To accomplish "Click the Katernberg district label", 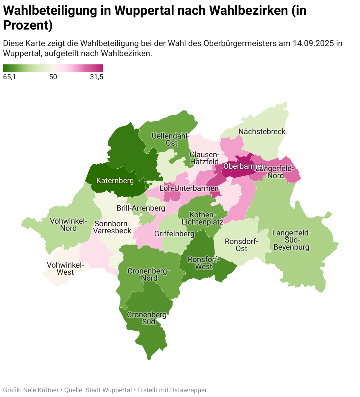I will [x=115, y=180].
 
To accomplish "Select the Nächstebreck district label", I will [x=262, y=131].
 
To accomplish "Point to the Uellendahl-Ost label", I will [x=170, y=139].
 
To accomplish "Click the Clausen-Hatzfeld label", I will [x=204, y=158].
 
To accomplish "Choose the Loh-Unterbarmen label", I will [x=189, y=188].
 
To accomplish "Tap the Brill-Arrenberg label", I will [x=141, y=208].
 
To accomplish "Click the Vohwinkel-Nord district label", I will [x=68, y=224].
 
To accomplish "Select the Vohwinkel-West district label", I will [x=65, y=269].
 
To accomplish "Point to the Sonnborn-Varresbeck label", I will [x=112, y=227].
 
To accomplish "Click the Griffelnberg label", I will [x=174, y=234].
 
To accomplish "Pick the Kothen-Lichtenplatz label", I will [x=202, y=218].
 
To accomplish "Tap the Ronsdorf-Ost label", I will [x=241, y=245].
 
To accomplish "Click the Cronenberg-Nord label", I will [x=149, y=274].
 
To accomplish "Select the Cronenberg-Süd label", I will [x=148, y=318].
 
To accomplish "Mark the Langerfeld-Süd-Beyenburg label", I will [x=291, y=240].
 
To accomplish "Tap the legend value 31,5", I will [x=96, y=77].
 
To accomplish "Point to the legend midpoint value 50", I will [x=53, y=77].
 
